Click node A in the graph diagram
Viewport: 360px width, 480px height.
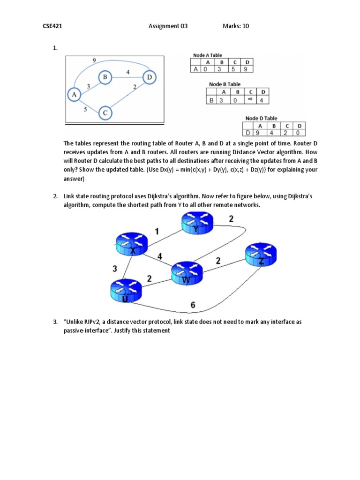[74, 95]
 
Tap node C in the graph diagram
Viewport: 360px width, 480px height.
[105, 113]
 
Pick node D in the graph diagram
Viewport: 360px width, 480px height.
[149, 77]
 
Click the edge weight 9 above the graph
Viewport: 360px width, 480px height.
[95, 60]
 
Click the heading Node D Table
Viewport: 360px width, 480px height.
[261, 119]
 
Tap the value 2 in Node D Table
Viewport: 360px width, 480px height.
[286, 133]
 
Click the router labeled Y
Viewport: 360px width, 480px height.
[197, 224]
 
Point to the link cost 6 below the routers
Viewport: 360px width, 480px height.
[193, 305]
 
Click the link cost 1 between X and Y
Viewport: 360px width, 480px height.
[157, 231]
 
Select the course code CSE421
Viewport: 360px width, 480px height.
[53, 26]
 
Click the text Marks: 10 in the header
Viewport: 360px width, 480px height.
[236, 26]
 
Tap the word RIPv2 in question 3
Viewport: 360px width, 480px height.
[91, 322]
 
